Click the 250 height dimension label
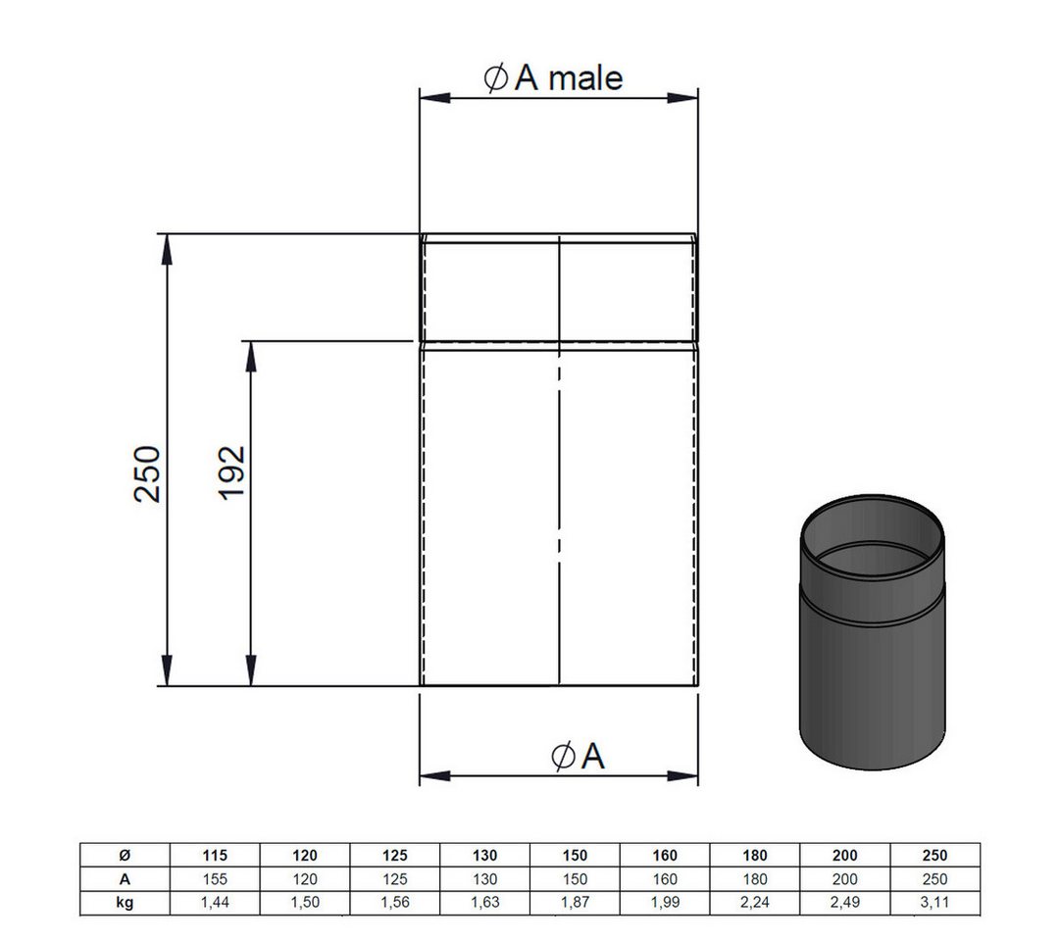[148, 473]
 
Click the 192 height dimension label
[231, 472]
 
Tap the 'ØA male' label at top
[554, 77]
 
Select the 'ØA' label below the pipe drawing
[579, 756]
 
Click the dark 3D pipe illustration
[872, 632]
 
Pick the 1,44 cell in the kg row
[215, 903]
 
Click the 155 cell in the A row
[215, 879]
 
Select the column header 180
[755, 856]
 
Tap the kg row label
[125, 903]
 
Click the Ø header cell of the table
[125, 856]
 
